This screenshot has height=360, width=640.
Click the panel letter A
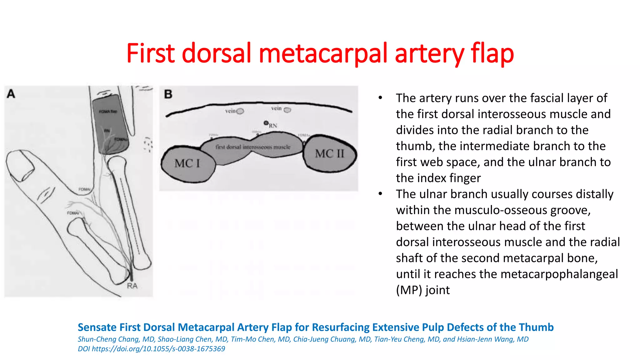click(x=11, y=94)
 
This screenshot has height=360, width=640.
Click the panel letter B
click(x=168, y=94)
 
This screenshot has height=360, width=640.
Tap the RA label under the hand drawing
click(x=132, y=286)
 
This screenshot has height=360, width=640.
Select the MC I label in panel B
click(x=187, y=163)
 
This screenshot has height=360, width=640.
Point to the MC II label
click(x=329, y=154)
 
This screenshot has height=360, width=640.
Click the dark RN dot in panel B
click(x=266, y=123)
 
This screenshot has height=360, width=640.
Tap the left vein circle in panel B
click(x=240, y=111)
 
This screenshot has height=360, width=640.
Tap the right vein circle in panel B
click(x=287, y=110)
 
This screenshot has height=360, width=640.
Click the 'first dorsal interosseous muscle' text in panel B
click(x=253, y=147)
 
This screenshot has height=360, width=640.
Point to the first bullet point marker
click(x=380, y=98)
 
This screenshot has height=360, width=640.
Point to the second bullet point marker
click(x=380, y=194)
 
